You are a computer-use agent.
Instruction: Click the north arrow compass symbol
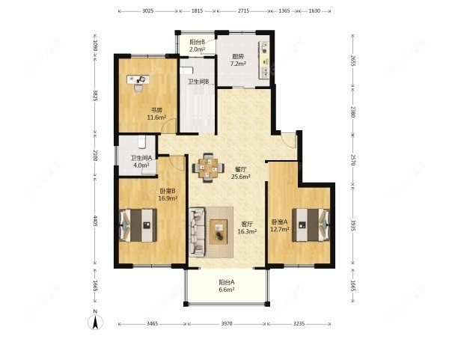coord(95,321)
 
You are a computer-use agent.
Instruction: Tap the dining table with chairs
coord(208,168)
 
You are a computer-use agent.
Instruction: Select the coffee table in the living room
coord(219,232)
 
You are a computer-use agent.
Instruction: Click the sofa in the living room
coord(197,232)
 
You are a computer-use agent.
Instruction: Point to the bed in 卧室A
coord(311,225)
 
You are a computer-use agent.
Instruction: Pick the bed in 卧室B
coord(138,225)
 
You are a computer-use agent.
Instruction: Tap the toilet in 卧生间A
coord(142,141)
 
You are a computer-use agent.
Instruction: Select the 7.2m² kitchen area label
coord(238,64)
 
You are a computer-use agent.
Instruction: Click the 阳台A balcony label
coord(227,282)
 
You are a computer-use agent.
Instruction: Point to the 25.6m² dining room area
coord(241,177)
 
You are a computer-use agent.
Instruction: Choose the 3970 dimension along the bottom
coord(227,324)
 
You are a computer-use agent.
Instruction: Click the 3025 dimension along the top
coord(148,11)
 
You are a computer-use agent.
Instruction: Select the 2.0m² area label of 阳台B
coord(198,49)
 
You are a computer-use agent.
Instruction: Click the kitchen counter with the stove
coord(264,60)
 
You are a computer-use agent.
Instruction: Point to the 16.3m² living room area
coord(247,231)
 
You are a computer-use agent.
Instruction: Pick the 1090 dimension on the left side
coord(95,46)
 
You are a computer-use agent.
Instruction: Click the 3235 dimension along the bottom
coord(299,324)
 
